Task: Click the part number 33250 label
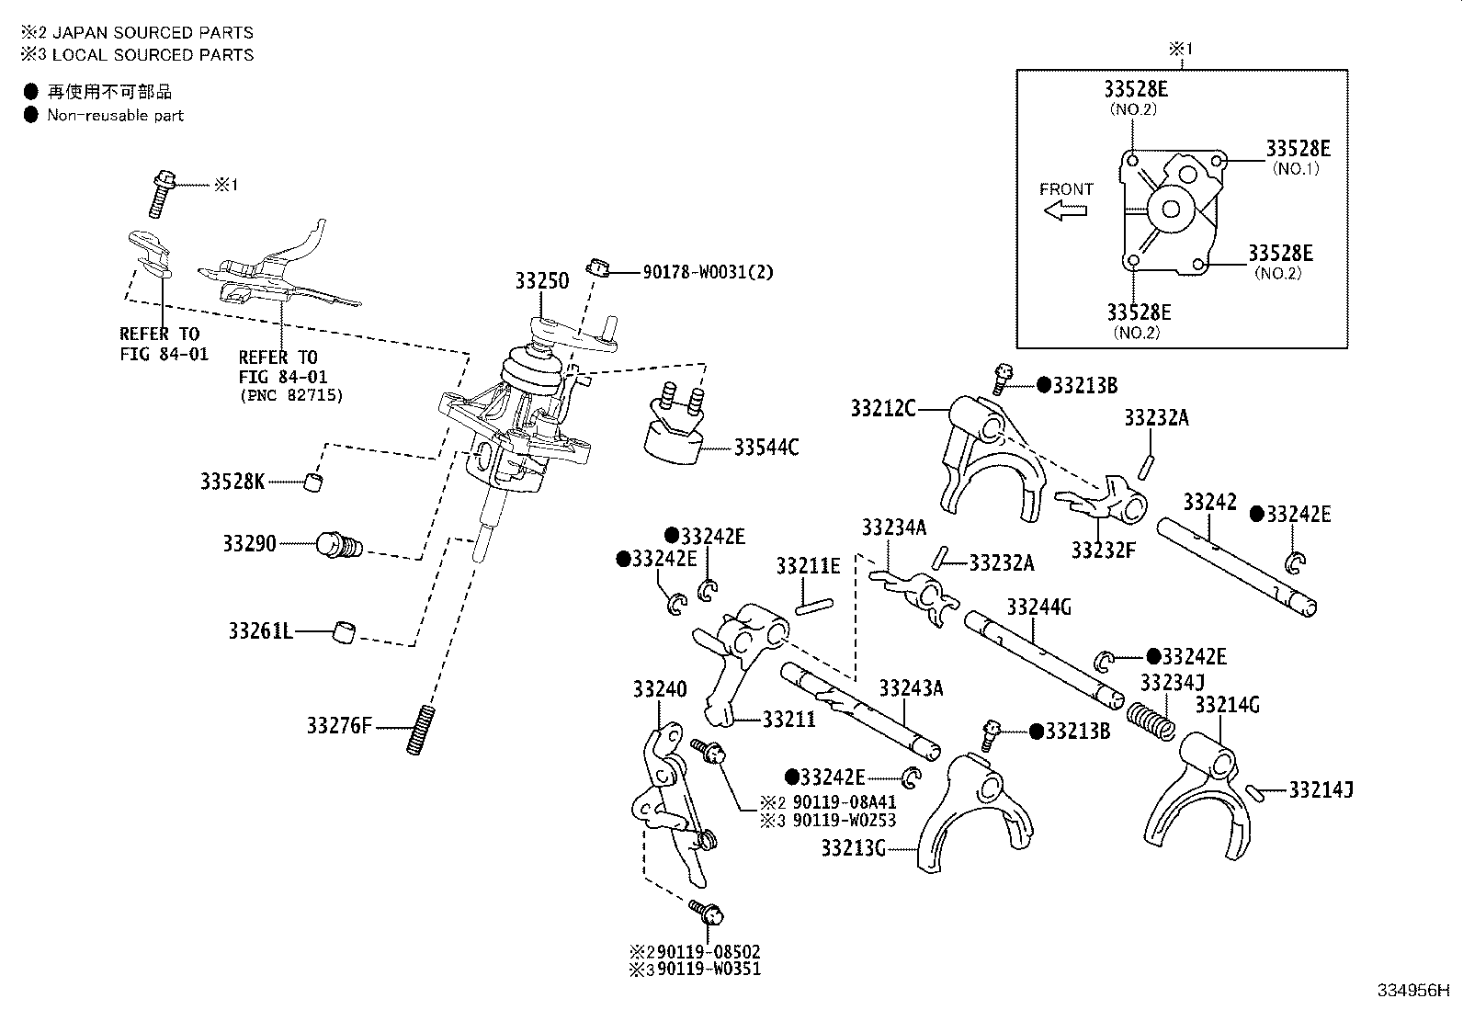(x=541, y=280)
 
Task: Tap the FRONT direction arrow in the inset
(x=1065, y=210)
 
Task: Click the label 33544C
(x=766, y=448)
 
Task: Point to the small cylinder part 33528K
(x=314, y=482)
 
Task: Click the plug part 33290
(x=338, y=546)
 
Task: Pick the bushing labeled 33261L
(x=345, y=631)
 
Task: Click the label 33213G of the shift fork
(x=854, y=847)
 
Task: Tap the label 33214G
(x=1227, y=705)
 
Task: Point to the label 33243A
(x=911, y=688)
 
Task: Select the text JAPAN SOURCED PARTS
(x=153, y=33)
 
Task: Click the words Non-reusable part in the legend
(x=116, y=116)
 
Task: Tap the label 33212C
(x=882, y=408)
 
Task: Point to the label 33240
(x=660, y=688)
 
